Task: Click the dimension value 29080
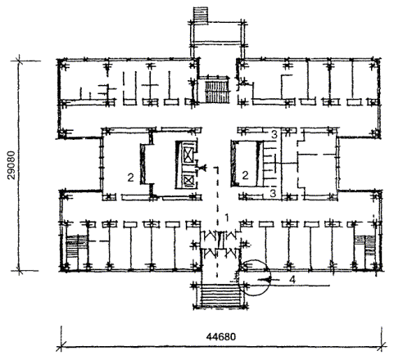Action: point(11,164)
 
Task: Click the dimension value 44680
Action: point(221,337)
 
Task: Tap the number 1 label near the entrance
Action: point(226,218)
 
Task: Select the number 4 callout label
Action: point(292,280)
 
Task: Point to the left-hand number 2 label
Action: point(131,178)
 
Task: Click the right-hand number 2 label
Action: point(245,175)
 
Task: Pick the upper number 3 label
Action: point(274,134)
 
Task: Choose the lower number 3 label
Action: point(273,193)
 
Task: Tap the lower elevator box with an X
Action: point(188,180)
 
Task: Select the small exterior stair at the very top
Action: point(201,14)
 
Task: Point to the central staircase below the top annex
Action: point(216,90)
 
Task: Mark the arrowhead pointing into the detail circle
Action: point(265,280)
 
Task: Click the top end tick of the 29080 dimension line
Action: point(19,61)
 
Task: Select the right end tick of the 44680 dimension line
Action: point(382,347)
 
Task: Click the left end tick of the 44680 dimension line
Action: point(61,347)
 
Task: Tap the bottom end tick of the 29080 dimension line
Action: point(19,271)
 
